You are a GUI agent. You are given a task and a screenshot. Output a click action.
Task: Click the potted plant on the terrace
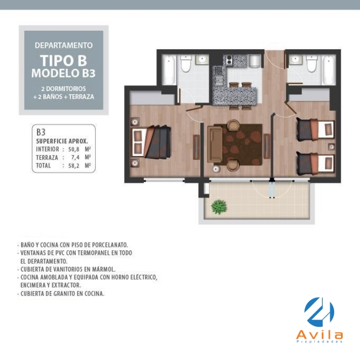click(x=219, y=207)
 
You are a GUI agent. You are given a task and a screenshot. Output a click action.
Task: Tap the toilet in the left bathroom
click(x=186, y=64)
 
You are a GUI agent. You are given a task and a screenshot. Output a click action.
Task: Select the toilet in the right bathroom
click(x=312, y=64)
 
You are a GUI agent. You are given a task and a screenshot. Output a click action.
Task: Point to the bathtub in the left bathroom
click(x=169, y=69)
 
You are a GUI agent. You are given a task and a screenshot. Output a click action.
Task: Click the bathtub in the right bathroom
click(x=329, y=69)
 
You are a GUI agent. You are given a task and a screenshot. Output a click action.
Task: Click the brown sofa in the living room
click(x=215, y=144)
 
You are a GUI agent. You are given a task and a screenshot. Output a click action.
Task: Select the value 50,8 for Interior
click(x=74, y=149)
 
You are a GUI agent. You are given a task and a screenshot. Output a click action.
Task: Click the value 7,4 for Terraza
click(x=75, y=158)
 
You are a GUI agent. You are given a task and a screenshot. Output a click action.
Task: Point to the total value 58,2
click(x=74, y=166)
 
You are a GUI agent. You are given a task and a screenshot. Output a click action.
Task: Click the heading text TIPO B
click(x=64, y=61)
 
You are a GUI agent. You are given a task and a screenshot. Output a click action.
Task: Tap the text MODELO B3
click(x=64, y=73)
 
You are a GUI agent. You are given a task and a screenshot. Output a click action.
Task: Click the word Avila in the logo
click(x=320, y=335)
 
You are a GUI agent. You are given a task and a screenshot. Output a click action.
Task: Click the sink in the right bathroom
click(x=295, y=60)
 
